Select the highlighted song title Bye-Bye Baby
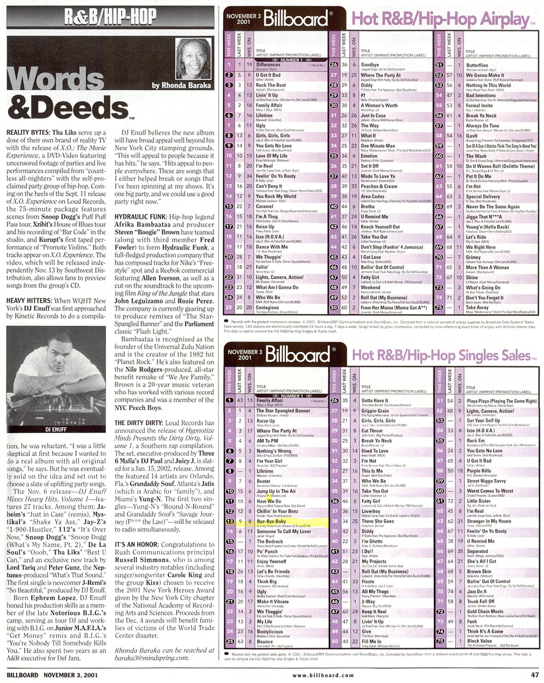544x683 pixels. (x=271, y=521)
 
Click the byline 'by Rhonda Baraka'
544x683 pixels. (x=181, y=85)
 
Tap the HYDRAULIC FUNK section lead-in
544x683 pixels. (x=141, y=217)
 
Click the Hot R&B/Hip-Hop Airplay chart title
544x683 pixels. (x=440, y=19)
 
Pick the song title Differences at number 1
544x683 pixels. (x=268, y=65)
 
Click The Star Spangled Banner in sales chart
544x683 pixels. (x=283, y=410)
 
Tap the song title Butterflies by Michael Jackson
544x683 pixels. (x=477, y=65)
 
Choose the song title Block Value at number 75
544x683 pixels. (x=479, y=641)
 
